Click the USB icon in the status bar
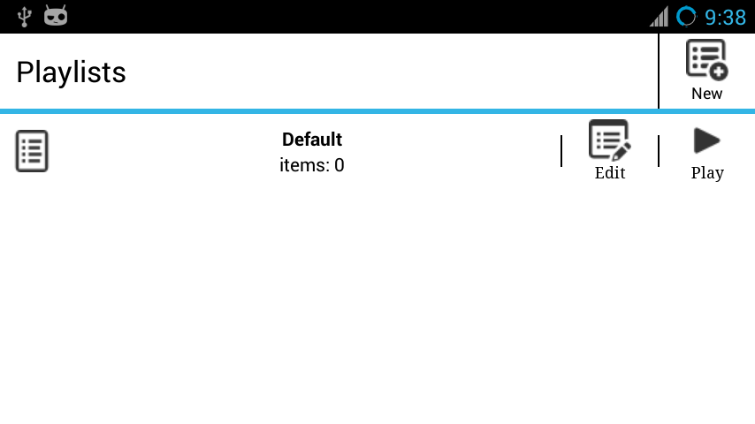24,17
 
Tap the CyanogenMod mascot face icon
56,15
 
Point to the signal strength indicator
659,17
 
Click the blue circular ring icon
687,17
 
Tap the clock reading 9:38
725,18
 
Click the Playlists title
72,72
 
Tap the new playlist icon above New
707,60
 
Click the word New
707,94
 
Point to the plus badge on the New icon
719,72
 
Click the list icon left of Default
32,151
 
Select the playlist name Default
312,140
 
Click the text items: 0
312,165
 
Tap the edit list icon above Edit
610,140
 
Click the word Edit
610,173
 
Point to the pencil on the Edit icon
622,152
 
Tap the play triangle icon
707,140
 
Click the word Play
707,173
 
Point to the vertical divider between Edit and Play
659,151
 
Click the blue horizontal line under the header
377,111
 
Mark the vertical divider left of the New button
659,72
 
